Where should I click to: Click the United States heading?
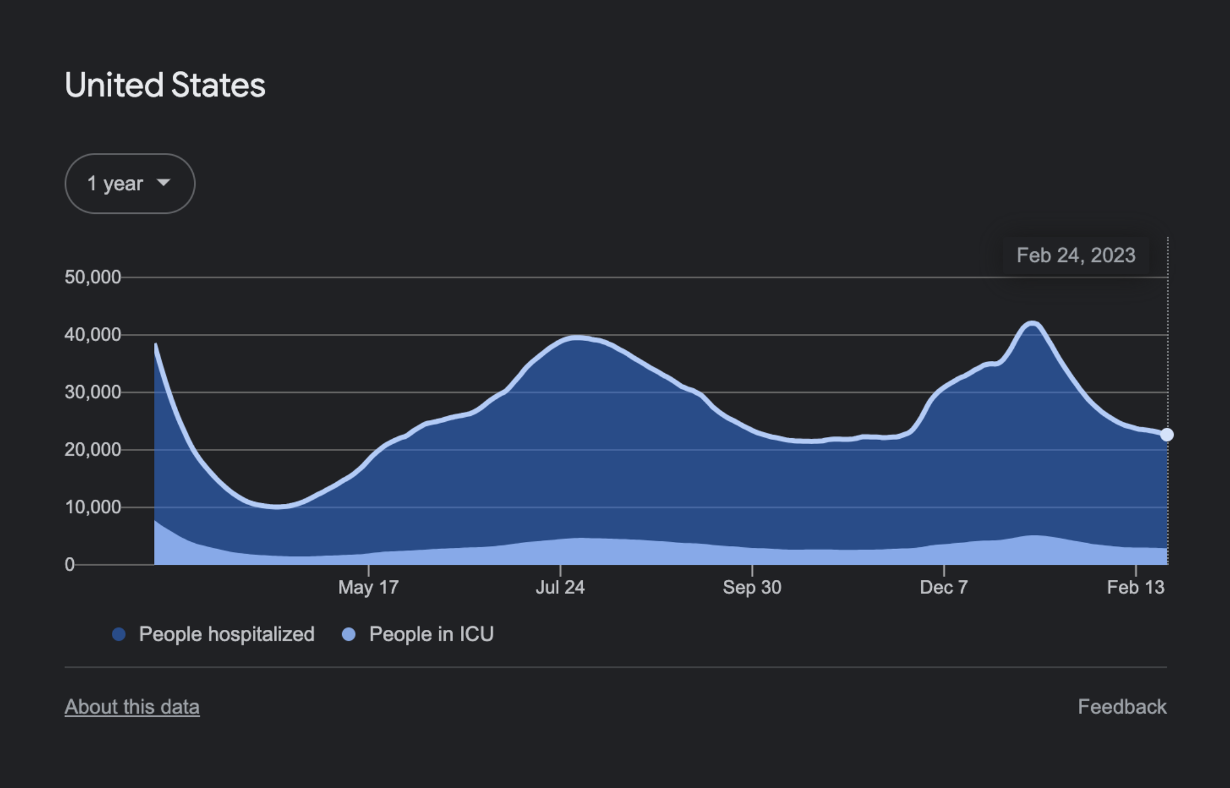click(165, 86)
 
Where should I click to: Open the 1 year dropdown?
click(129, 183)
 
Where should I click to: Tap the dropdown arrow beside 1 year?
click(164, 183)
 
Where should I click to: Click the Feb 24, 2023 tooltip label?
click(1075, 255)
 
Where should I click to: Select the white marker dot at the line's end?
click(1167, 435)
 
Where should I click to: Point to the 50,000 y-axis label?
click(93, 277)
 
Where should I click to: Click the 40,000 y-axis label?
click(93, 335)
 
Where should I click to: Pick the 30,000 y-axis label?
click(93, 392)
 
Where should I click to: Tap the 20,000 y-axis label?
click(93, 449)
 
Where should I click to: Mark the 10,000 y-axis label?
click(93, 507)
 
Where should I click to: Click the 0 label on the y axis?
click(70, 564)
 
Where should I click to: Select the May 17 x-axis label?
click(368, 587)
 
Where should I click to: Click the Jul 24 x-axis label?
click(560, 587)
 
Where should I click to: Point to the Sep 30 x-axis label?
click(751, 587)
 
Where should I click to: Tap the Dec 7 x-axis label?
click(944, 587)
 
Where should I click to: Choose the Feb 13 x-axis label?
click(1135, 587)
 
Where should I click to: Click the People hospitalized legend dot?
click(119, 634)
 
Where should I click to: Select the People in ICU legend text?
click(431, 634)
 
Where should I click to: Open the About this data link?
click(132, 707)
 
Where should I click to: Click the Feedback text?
click(1122, 707)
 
